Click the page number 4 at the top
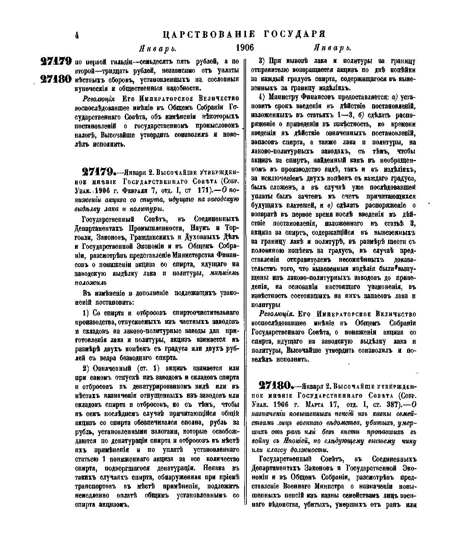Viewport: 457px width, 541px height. click(77, 35)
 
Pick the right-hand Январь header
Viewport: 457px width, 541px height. click(332, 49)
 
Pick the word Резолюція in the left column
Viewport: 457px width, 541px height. click(90, 99)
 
